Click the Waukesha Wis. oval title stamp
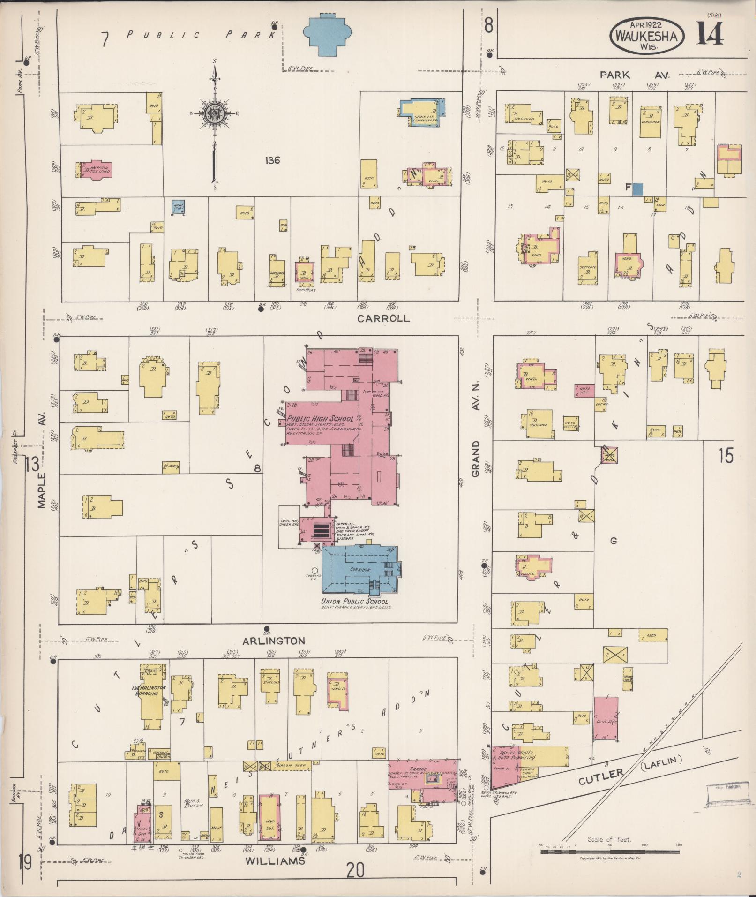tap(646, 36)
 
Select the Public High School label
tap(321, 419)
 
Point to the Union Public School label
tap(354, 602)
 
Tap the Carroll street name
tap(383, 318)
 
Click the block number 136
tap(272, 160)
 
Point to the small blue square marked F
tap(637, 189)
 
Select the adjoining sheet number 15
tap(726, 455)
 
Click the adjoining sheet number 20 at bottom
tap(356, 871)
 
